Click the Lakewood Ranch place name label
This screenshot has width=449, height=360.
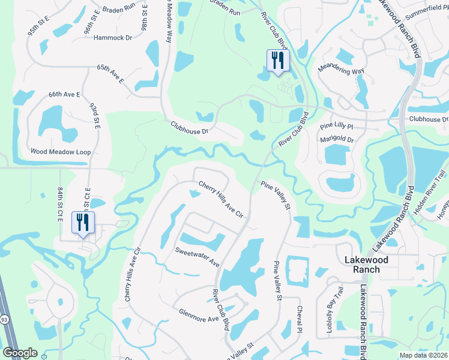pyautogui.click(x=366, y=265)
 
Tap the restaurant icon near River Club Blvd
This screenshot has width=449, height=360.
pyautogui.click(x=277, y=61)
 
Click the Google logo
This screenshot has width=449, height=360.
pyautogui.click(x=20, y=353)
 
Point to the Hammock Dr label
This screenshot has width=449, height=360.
pyautogui.click(x=113, y=38)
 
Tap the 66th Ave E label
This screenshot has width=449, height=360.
pyautogui.click(x=64, y=95)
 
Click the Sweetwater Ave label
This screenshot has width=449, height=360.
pyautogui.click(x=197, y=257)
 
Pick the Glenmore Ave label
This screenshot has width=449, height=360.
pyautogui.click(x=198, y=316)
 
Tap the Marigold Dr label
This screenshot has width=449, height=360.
pyautogui.click(x=338, y=140)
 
